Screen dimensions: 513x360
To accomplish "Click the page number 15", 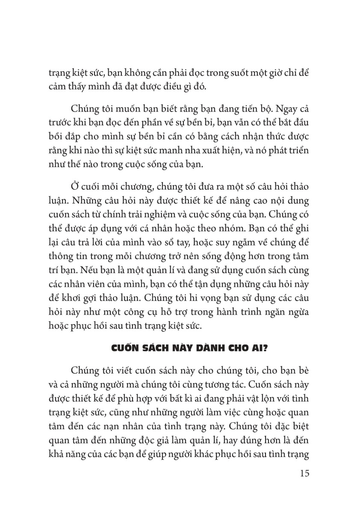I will (302, 473).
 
